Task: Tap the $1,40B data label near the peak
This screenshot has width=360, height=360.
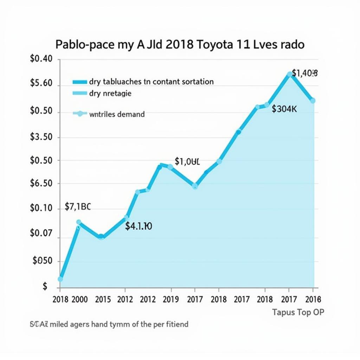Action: pyautogui.click(x=305, y=73)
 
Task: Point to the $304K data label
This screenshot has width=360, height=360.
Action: pyautogui.click(x=284, y=109)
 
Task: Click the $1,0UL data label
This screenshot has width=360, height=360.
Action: pyautogui.click(x=187, y=161)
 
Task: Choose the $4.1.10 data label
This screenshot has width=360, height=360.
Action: pyautogui.click(x=139, y=226)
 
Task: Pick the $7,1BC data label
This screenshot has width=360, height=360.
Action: pyautogui.click(x=78, y=207)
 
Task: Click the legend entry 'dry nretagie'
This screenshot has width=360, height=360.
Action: pyautogui.click(x=110, y=94)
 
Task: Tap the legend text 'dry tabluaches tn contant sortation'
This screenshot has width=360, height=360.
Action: pyautogui.click(x=151, y=82)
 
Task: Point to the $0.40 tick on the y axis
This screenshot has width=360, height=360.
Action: pyautogui.click(x=41, y=59)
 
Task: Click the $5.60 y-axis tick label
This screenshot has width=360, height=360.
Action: pyautogui.click(x=41, y=83)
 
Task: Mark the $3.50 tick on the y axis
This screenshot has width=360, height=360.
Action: pyautogui.click(x=41, y=137)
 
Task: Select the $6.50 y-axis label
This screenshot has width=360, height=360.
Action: pyautogui.click(x=41, y=183)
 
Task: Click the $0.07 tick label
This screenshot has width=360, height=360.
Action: pyautogui.click(x=41, y=233)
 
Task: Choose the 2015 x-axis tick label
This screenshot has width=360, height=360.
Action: pyautogui.click(x=103, y=299)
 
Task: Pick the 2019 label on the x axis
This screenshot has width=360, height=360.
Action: pyautogui.click(x=171, y=299)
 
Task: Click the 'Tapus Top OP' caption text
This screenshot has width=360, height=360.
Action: pyautogui.click(x=298, y=312)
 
